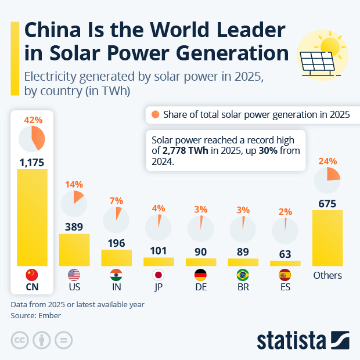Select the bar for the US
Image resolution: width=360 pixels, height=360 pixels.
74,250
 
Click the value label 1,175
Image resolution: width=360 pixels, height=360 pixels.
33,161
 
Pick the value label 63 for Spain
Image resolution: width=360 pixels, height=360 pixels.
285,253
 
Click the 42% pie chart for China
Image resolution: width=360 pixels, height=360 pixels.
32,138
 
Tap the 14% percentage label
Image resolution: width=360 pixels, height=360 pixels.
74,185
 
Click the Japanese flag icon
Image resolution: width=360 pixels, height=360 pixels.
159,275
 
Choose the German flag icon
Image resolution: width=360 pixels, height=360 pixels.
200,275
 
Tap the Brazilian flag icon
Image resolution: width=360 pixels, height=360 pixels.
243,275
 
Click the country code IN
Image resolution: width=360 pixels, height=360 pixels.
116,287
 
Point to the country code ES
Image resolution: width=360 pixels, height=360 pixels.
285,287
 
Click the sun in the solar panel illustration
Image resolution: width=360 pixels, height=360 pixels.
330,46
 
